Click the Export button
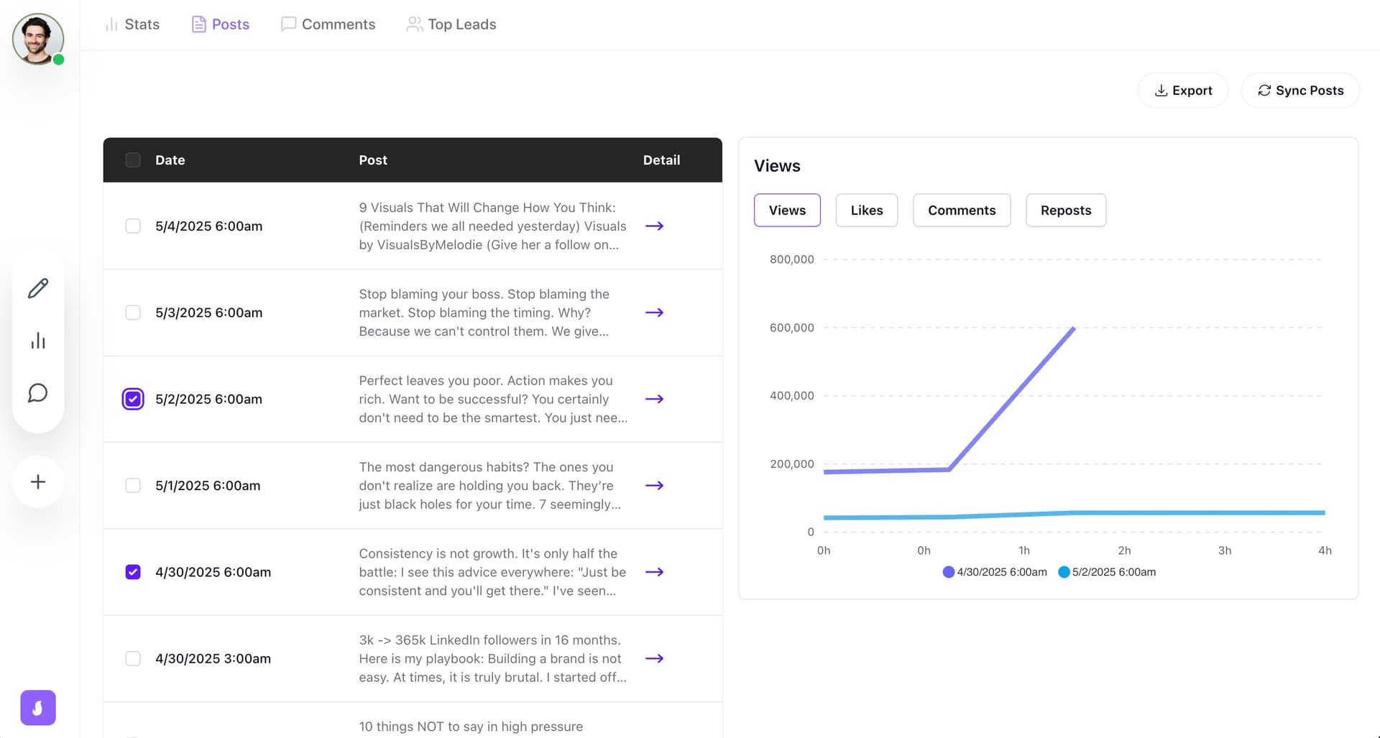pos(1183,91)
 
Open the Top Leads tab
pos(451,24)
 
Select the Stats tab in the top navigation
pos(132,24)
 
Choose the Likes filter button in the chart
pos(866,211)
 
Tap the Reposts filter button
pos(1065,211)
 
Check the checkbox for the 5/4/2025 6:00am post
pos(133,226)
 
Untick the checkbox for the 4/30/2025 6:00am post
pos(133,572)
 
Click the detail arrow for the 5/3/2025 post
pos(654,313)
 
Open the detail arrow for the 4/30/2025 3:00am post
pos(654,658)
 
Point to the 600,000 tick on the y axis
pos(791,328)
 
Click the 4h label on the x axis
pos(1324,550)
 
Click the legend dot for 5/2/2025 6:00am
pos(1064,572)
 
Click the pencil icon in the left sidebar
pos(38,288)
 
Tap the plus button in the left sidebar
pos(38,481)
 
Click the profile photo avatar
pos(37,39)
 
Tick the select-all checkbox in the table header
pos(133,160)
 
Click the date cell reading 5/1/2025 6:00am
pos(208,486)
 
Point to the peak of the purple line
pos(1074,328)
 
